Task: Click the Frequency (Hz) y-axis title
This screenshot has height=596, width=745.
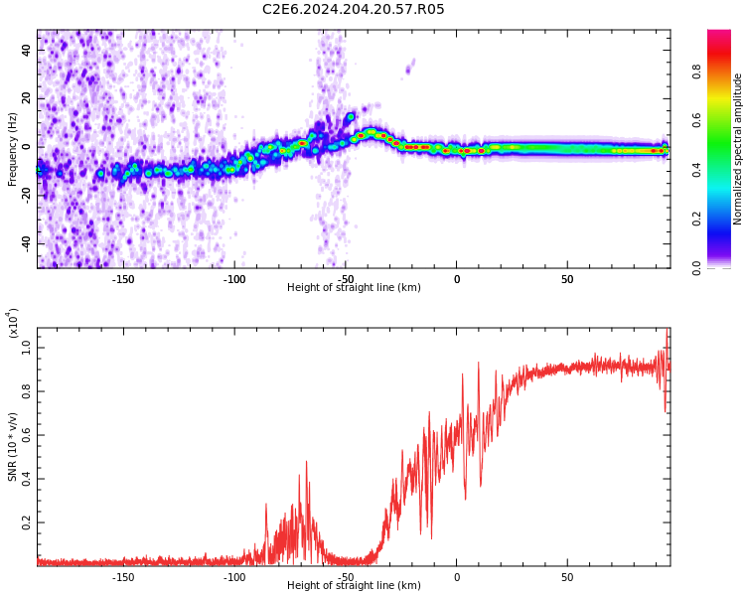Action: pos(13,149)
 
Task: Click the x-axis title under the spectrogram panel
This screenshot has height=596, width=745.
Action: pos(354,288)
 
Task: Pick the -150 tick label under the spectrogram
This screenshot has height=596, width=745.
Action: pos(123,279)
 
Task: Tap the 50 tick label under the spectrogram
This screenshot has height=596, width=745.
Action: pos(567,279)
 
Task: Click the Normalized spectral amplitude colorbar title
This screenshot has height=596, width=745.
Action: pos(738,149)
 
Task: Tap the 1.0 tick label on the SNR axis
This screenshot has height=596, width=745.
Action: pos(27,348)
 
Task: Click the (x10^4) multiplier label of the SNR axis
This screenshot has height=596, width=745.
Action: pos(12,324)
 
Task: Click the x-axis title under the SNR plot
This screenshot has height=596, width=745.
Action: pos(354,586)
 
